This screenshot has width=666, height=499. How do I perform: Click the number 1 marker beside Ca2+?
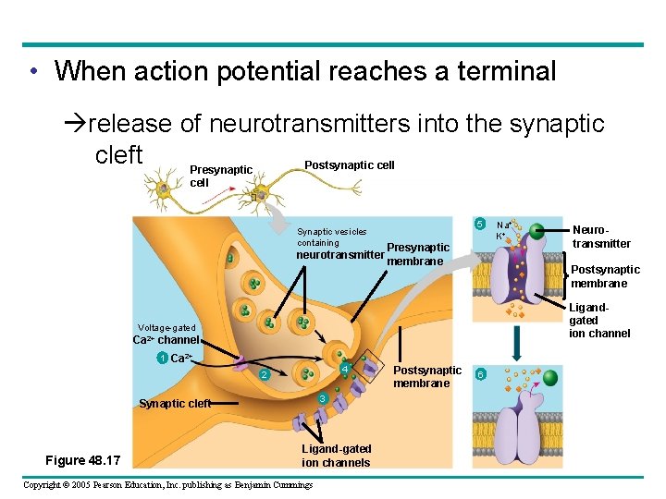point(162,358)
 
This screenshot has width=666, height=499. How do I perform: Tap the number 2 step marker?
point(264,375)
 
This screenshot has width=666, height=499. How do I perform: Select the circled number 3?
point(321,398)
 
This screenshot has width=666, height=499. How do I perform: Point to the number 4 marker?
point(343,371)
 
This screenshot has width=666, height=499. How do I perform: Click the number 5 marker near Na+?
point(479,225)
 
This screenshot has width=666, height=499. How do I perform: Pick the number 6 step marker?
point(479,373)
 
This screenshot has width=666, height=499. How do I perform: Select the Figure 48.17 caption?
point(90,460)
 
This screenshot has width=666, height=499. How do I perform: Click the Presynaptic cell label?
point(220,176)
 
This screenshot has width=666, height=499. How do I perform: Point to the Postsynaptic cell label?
point(349,165)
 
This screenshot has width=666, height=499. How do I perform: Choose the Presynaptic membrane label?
point(417,254)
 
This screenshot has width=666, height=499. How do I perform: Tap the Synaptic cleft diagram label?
point(173,403)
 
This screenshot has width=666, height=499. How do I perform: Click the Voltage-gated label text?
point(166,327)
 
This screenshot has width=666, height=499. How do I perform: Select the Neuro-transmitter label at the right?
point(601,237)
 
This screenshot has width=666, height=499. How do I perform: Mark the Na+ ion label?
point(503,225)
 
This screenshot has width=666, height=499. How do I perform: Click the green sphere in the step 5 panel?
point(536,232)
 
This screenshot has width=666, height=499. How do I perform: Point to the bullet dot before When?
point(33,71)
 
